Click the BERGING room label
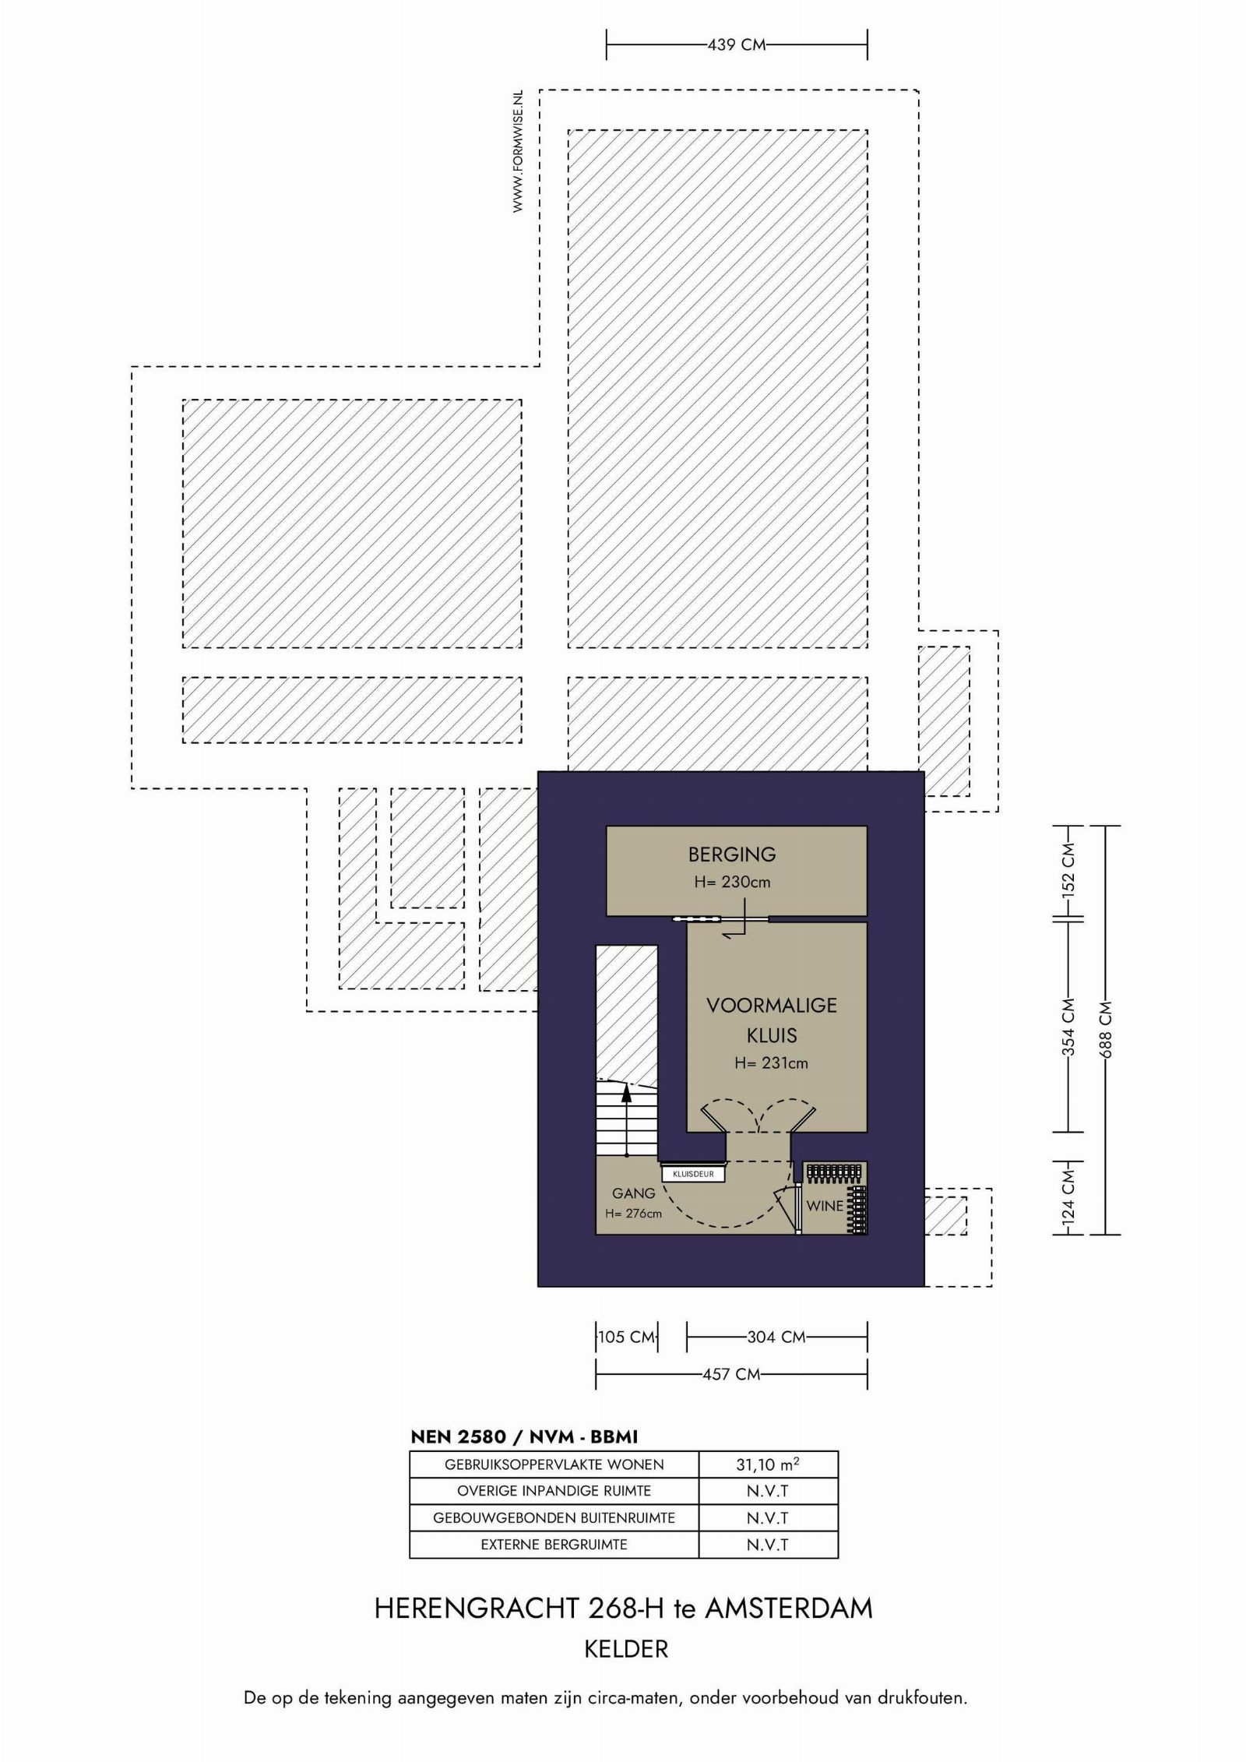[732, 855]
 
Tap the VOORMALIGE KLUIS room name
[772, 1020]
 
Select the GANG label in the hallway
[633, 1193]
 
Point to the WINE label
[825, 1206]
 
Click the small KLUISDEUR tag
[693, 1174]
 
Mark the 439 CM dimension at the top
[737, 45]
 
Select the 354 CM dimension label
[1068, 1027]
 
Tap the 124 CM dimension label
[1068, 1193]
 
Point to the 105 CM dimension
[627, 1337]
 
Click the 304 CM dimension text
[776, 1337]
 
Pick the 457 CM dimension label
[731, 1374]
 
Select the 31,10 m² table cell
[768, 1464]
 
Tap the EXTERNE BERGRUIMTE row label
[554, 1544]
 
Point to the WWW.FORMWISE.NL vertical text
[517, 152]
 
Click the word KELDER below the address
[626, 1649]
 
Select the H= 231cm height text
[771, 1062]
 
